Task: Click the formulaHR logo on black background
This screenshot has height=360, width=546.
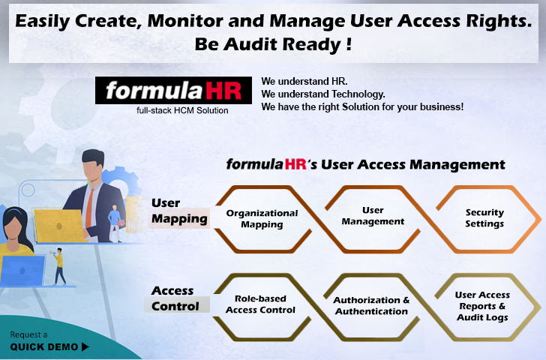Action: [x=173, y=90]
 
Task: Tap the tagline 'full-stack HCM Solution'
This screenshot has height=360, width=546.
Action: [x=182, y=110]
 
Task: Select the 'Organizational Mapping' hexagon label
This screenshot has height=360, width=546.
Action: [x=262, y=219]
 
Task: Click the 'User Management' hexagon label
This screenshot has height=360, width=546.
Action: [x=373, y=216]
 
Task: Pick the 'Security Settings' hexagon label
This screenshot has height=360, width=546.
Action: [x=484, y=218]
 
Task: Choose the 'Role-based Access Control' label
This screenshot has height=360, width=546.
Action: [x=260, y=304]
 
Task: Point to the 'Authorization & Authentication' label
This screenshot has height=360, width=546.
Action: [x=371, y=305]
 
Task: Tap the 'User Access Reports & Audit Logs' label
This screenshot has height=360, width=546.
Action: [x=483, y=306]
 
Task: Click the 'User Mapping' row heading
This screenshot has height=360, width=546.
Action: [x=179, y=211]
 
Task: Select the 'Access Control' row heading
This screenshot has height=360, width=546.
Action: [x=175, y=298]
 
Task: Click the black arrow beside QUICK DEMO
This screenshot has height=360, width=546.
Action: [x=85, y=346]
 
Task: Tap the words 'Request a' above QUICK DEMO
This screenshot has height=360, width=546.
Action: [x=28, y=334]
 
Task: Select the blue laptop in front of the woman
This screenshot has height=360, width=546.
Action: [x=22, y=271]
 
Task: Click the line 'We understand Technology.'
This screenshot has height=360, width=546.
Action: [x=323, y=94]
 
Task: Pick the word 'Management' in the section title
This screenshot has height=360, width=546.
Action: [x=457, y=165]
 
